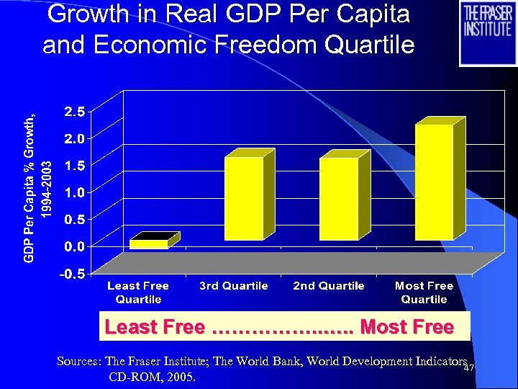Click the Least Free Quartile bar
point(149,243)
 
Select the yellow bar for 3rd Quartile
point(244,198)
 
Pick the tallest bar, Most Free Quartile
point(434,182)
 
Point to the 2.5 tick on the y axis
point(74,112)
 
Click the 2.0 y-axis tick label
point(74,138)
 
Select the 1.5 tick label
point(74,165)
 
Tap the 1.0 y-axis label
point(74,192)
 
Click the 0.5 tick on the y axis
point(74,219)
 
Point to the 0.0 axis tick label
point(74,246)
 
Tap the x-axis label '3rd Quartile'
point(233,286)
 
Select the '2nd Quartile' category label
point(329,286)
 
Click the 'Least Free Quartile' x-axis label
point(138,292)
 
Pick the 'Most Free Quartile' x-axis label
point(424,292)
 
